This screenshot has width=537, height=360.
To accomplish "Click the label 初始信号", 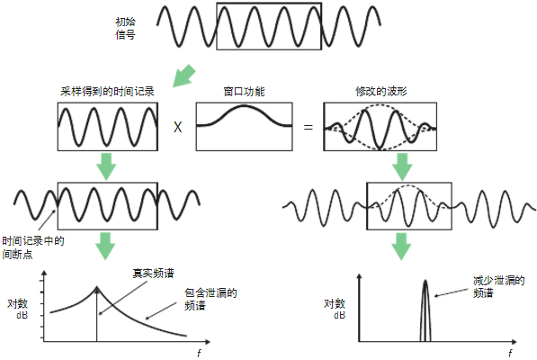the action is (x=125, y=29).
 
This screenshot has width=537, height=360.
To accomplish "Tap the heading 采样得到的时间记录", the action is (x=107, y=92).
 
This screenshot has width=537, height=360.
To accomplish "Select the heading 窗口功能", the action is (x=244, y=92).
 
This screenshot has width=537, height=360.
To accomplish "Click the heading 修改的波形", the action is (x=380, y=92).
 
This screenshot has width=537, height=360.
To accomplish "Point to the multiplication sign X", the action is (x=178, y=128).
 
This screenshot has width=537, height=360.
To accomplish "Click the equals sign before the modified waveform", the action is (x=309, y=128).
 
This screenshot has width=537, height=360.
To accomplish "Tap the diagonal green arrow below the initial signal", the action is (x=183, y=76).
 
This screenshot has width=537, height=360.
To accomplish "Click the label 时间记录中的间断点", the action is (x=33, y=247).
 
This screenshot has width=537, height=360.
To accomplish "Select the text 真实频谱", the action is (x=153, y=274).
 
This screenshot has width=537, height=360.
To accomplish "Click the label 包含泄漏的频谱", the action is (x=210, y=299).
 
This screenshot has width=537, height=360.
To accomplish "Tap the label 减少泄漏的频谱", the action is (x=498, y=287).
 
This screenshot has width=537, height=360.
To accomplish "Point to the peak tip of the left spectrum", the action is (x=97, y=287).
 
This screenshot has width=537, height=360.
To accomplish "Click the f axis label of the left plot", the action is (x=199, y=353).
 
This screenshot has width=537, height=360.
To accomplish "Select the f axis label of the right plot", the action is (x=510, y=353).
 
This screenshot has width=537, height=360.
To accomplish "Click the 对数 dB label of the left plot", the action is (x=18, y=309).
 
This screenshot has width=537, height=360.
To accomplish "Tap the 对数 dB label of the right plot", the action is (x=335, y=309).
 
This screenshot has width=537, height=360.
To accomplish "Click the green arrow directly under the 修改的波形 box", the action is (x=402, y=166).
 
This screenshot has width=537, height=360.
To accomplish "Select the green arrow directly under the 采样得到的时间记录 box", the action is (x=106, y=166).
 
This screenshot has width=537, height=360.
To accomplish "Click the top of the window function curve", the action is (x=244, y=106).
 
